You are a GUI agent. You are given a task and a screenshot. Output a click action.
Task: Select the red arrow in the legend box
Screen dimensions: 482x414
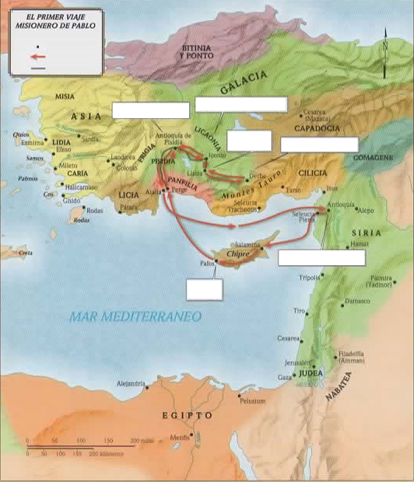tap(37, 57)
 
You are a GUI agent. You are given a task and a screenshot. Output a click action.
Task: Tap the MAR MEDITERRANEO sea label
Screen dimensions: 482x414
tap(135, 316)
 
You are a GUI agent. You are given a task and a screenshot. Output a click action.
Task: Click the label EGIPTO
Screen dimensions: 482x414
tap(186, 416)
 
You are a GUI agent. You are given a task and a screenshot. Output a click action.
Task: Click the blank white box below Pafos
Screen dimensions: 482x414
tap(205, 288)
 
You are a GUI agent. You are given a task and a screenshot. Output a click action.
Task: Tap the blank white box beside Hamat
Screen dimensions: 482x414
tap(321, 258)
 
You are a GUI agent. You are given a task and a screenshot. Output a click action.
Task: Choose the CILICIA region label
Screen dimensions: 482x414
tap(310, 173)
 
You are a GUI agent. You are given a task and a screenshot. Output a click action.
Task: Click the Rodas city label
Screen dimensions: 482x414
tap(93, 211)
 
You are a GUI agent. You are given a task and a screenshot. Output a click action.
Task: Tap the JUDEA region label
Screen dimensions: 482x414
tap(310, 373)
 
